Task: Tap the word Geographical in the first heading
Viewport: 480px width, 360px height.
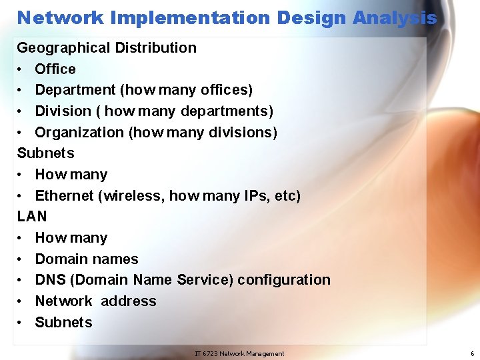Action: [x=64, y=48]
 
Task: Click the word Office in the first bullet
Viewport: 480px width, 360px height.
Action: [x=55, y=69]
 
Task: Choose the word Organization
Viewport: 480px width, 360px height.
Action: [x=79, y=132]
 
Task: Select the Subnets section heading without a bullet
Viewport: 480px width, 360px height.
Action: [x=45, y=153]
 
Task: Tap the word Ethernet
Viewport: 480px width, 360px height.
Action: [x=64, y=196]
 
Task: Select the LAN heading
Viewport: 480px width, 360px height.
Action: [x=32, y=217]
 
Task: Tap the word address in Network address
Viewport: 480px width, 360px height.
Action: [x=128, y=301]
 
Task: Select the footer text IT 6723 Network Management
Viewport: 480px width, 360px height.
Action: [x=239, y=354]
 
